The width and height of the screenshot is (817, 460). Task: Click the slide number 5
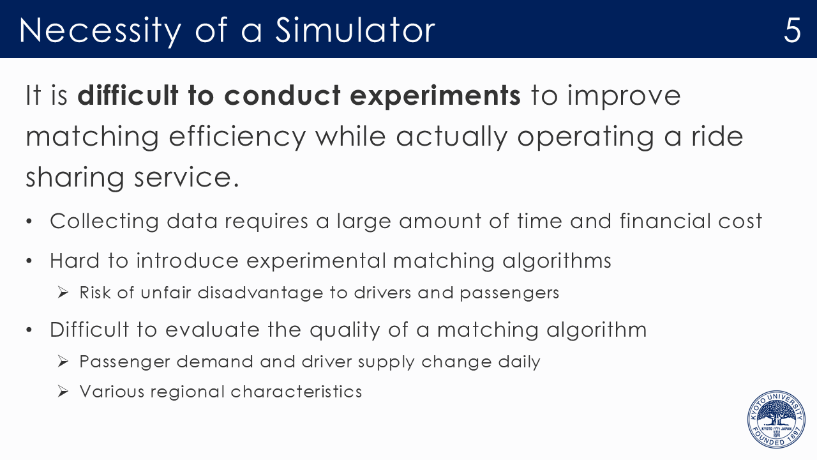pyautogui.click(x=792, y=30)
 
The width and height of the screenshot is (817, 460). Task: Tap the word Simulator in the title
pyautogui.click(x=355, y=30)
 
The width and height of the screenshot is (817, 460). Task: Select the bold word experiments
pyautogui.click(x=435, y=96)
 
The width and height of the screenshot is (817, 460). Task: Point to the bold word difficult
pyautogui.click(x=128, y=95)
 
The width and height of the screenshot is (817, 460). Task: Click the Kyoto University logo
pyautogui.click(x=776, y=419)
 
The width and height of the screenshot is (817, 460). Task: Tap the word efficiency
pyautogui.click(x=237, y=137)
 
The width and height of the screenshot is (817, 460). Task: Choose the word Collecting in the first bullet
pyautogui.click(x=104, y=222)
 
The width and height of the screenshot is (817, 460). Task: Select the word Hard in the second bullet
pyautogui.click(x=75, y=261)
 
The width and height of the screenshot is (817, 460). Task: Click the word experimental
pyautogui.click(x=316, y=261)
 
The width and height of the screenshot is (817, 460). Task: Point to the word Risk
pyautogui.click(x=95, y=293)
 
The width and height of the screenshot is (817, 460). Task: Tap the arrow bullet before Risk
pyautogui.click(x=63, y=293)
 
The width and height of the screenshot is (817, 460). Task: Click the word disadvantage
pyautogui.click(x=260, y=293)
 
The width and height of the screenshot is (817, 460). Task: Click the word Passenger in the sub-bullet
pyautogui.click(x=124, y=362)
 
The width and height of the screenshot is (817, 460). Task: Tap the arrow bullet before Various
pyautogui.click(x=63, y=392)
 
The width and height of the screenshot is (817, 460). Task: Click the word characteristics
pyautogui.click(x=296, y=392)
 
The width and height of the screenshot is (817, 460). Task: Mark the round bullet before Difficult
pyautogui.click(x=29, y=330)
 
